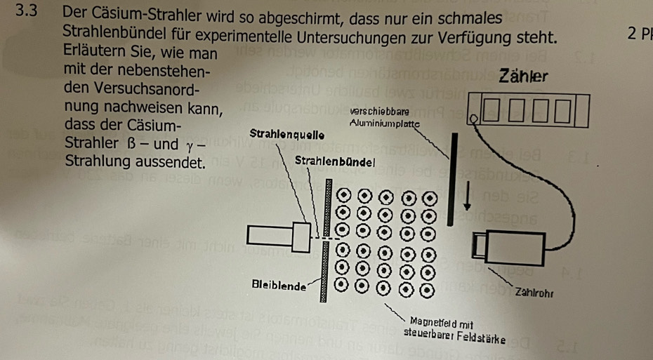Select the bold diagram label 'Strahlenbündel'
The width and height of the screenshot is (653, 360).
point(336,161)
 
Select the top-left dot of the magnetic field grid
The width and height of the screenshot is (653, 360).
point(344,194)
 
